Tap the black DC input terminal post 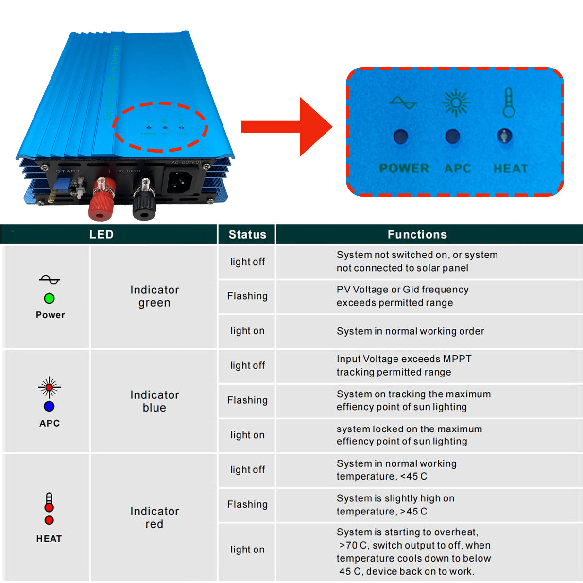(x=144, y=199)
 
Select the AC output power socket (x=180, y=181)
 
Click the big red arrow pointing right (x=287, y=127)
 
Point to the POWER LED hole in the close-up (x=400, y=137)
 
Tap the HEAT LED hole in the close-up (x=505, y=136)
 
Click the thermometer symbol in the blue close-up (x=508, y=103)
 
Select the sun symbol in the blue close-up (x=456, y=103)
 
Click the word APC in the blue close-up (x=458, y=169)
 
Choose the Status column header (x=247, y=235)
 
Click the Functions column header (x=417, y=235)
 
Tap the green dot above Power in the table (x=49, y=298)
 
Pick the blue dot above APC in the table (x=49, y=406)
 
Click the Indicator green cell (x=154, y=296)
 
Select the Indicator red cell (x=154, y=517)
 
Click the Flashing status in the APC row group (x=247, y=400)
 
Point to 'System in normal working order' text (x=410, y=331)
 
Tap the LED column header (x=102, y=235)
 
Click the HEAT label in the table (x=49, y=539)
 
